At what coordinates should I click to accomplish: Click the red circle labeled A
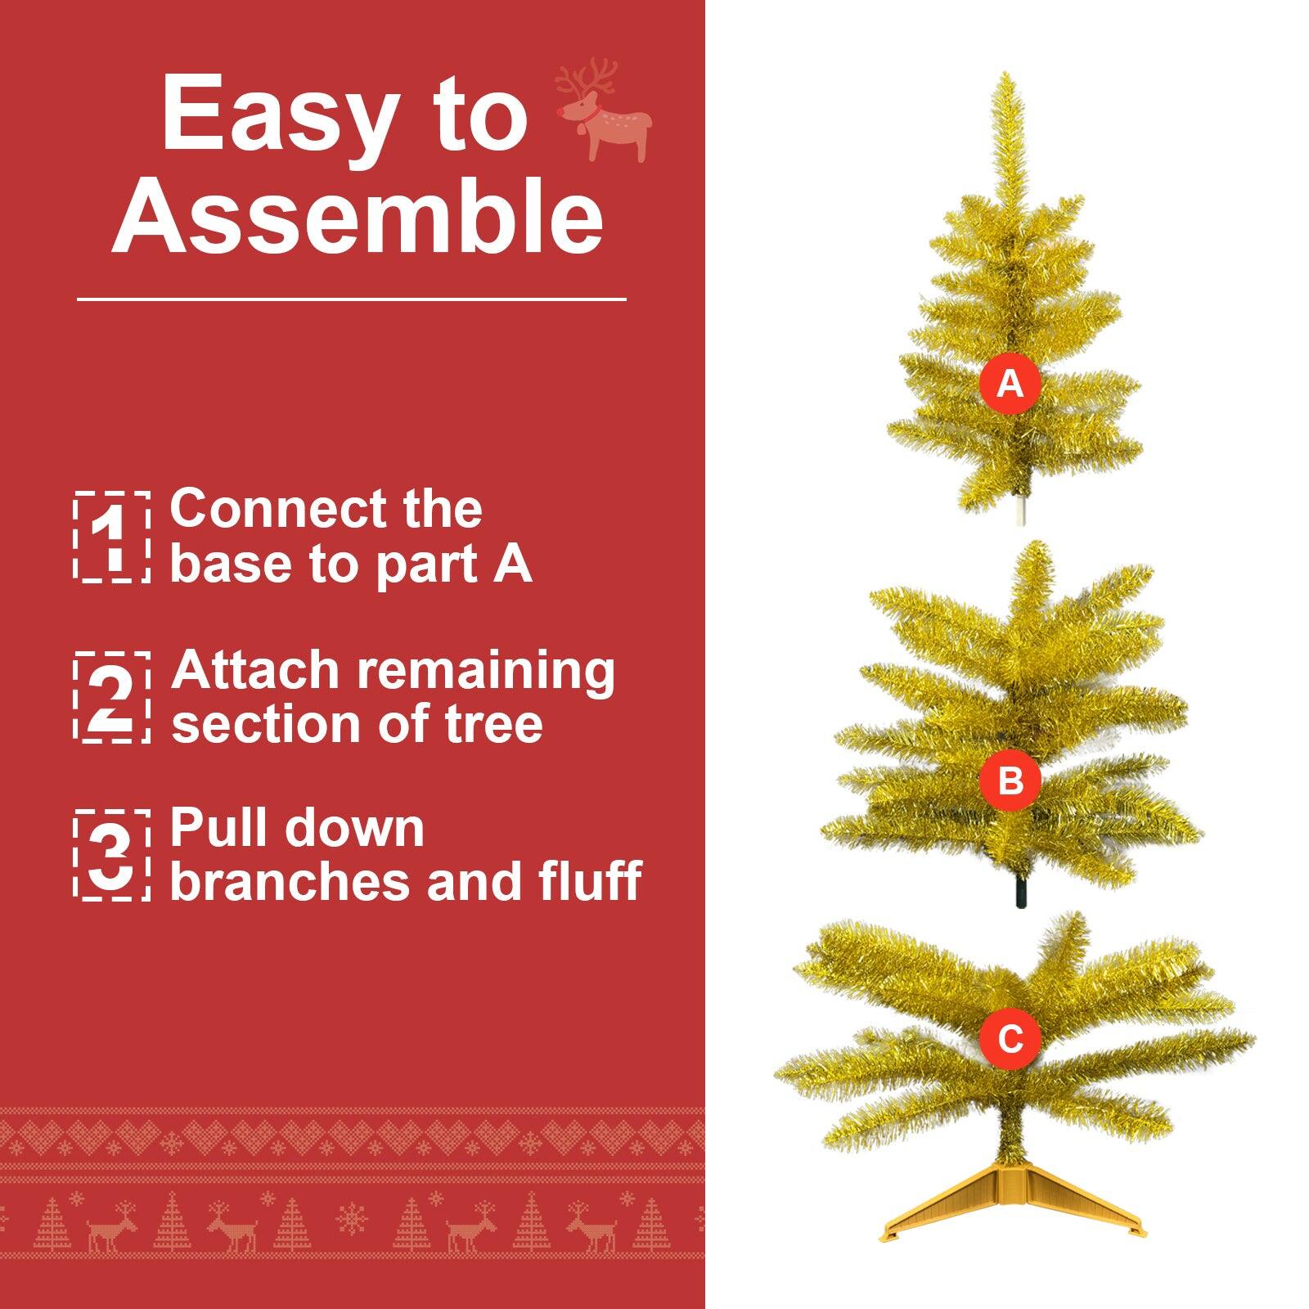(1010, 383)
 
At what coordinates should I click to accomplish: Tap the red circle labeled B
(1010, 780)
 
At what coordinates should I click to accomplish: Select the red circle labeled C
(1010, 1039)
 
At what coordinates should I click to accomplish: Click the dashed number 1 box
(112, 538)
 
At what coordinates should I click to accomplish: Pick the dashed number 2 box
(112, 697)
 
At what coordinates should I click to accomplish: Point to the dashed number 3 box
(112, 855)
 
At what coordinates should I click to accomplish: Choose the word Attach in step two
(254, 671)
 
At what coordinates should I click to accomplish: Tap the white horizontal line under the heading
(352, 299)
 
